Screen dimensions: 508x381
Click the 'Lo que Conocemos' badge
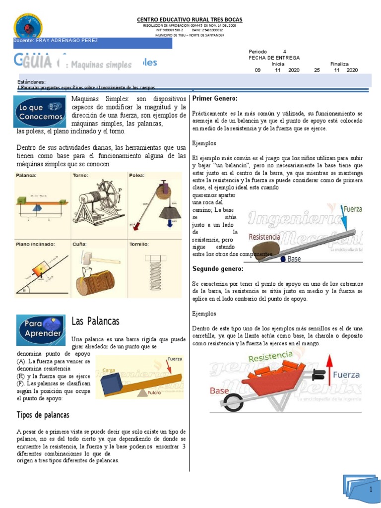click(40, 112)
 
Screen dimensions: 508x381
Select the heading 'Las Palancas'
click(95, 321)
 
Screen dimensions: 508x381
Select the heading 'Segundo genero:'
click(218, 269)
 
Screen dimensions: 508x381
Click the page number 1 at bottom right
click(370, 489)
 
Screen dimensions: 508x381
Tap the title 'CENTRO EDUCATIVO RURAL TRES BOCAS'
click(190, 19)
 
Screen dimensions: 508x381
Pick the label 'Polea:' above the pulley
click(137, 175)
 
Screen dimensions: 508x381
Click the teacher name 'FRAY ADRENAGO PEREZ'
click(70, 40)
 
